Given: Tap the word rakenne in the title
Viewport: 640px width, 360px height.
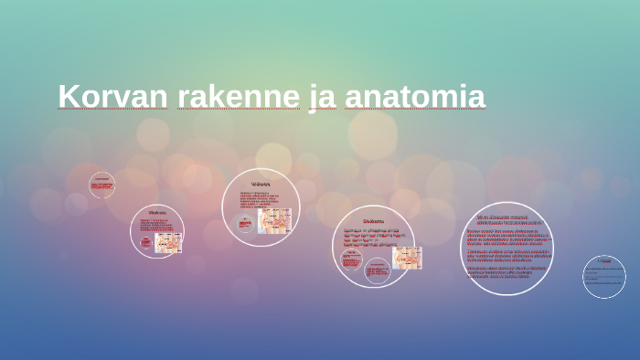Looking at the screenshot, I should [x=238, y=96].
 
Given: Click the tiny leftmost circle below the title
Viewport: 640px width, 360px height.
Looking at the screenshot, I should [x=101, y=185].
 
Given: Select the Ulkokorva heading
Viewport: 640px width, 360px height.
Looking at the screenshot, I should [x=157, y=213].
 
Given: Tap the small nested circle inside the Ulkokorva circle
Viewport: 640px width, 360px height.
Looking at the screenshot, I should [x=145, y=242].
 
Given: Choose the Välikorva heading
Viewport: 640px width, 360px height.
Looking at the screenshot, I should [x=261, y=184].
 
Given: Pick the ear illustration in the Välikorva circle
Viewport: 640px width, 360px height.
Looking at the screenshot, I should [x=275, y=220].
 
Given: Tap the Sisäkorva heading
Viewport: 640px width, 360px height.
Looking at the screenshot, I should [x=373, y=220].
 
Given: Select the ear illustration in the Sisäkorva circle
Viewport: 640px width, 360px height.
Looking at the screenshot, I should [x=406, y=257].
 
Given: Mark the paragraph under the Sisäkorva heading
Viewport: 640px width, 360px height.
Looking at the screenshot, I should [x=370, y=237].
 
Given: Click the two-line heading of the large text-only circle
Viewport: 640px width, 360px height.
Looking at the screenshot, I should [x=508, y=219].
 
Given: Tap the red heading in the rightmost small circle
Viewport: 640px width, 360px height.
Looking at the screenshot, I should [x=603, y=260].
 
